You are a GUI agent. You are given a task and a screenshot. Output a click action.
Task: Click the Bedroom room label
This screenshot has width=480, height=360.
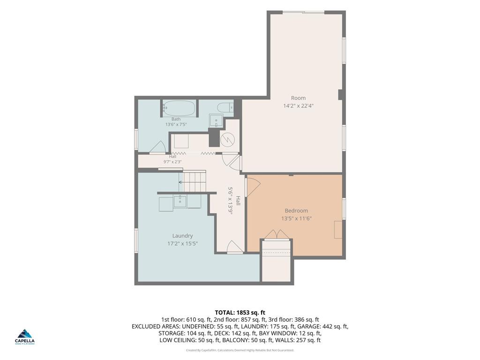[296, 210]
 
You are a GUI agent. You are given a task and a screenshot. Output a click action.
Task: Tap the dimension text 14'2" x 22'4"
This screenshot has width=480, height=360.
[298, 106]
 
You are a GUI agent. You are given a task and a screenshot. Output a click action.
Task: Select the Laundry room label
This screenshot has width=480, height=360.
[182, 236]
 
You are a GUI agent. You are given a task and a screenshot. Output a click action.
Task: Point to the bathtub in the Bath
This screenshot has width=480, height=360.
[179, 108]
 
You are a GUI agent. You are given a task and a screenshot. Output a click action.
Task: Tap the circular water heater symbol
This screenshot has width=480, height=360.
[228, 140]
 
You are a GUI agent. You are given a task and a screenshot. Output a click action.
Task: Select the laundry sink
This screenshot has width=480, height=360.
[180, 201]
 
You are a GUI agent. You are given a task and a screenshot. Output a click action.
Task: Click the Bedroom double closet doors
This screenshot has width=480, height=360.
[277, 234]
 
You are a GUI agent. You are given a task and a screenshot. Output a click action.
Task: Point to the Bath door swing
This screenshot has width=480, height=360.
[158, 147]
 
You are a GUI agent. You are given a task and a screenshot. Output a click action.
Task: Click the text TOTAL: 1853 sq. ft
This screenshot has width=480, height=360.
[240, 313]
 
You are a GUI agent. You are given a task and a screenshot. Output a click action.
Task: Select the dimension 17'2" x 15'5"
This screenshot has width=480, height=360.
[182, 244]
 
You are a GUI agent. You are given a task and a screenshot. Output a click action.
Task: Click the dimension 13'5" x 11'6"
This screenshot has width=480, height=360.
[296, 218]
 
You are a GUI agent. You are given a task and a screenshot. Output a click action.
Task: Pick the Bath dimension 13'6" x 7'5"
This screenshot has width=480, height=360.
[176, 125]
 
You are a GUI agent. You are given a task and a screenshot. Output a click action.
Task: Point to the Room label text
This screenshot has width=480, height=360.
[298, 98]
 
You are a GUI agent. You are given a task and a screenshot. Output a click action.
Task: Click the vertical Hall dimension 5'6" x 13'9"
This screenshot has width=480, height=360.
[231, 201]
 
